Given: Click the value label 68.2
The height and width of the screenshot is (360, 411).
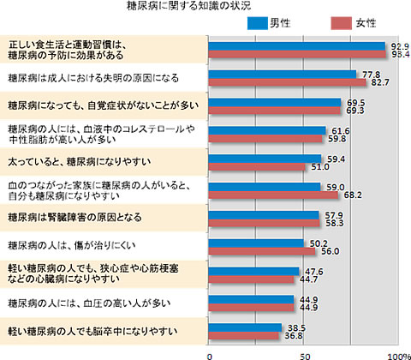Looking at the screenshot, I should point(351,195).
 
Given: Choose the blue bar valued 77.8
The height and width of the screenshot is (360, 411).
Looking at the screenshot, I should point(283,75).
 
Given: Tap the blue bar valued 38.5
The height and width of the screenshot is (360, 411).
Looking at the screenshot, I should point(246,327).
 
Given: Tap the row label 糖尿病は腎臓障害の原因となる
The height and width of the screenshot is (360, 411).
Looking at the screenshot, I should point(68,217).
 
